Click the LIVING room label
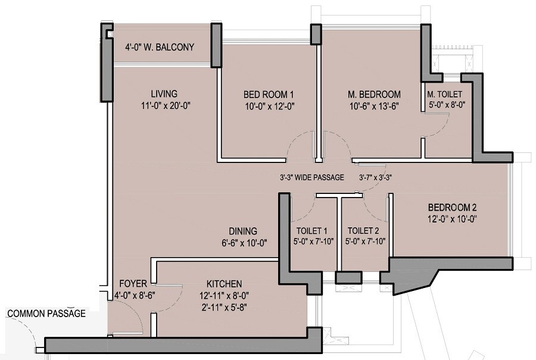point(164,93)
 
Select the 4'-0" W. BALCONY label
point(160,48)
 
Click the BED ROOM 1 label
point(269,94)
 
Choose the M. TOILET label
point(444,94)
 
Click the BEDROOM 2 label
point(452,208)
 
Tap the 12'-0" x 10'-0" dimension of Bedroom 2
point(452,218)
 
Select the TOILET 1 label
point(312,231)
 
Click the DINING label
point(243,231)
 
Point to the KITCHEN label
point(224,283)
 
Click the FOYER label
point(130,283)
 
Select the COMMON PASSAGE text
point(46,313)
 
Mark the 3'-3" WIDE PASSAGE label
point(312,177)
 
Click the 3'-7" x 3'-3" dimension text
point(375,177)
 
